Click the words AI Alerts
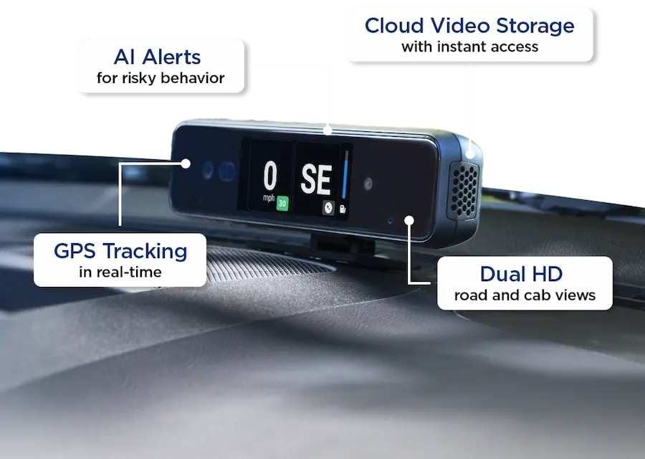(x=158, y=57)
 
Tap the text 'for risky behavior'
(x=161, y=78)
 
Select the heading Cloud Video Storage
(x=469, y=26)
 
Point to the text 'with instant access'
(x=469, y=47)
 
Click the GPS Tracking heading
(x=120, y=251)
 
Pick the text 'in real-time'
(x=120, y=273)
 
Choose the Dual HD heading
(x=521, y=273)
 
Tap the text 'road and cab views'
(x=525, y=295)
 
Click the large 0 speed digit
(x=270, y=176)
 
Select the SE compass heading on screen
(x=316, y=180)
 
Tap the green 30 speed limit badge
(x=282, y=202)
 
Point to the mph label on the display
(x=268, y=198)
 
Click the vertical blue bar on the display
(x=345, y=174)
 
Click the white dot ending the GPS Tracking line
(x=186, y=164)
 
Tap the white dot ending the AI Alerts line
(x=327, y=131)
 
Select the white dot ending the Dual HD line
(x=408, y=219)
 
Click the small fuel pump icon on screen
(x=343, y=208)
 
